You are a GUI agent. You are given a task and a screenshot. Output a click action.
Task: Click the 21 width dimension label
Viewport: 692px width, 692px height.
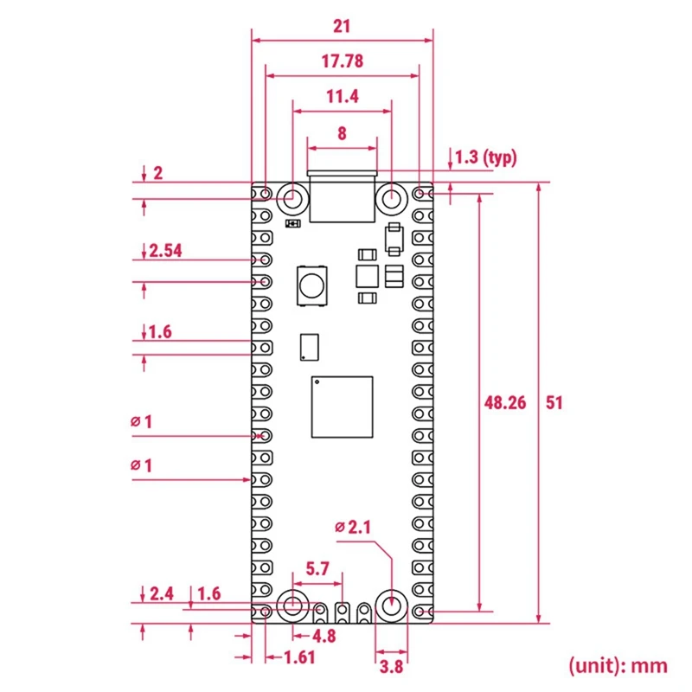point(342,26)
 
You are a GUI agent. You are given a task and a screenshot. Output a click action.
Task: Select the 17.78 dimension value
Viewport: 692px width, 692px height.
point(342,61)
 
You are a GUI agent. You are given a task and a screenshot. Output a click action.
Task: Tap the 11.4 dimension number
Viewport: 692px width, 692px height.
point(342,97)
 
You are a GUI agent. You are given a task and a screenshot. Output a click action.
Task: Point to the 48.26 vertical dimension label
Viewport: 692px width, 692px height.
point(503,403)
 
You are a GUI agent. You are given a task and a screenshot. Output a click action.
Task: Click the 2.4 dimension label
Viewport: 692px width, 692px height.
point(162,593)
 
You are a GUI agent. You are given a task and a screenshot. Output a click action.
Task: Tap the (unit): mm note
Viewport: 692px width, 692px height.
point(618,664)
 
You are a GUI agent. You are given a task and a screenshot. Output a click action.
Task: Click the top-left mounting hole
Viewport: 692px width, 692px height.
point(293,197)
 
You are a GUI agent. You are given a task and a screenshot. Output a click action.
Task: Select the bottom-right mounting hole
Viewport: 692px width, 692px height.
point(392,606)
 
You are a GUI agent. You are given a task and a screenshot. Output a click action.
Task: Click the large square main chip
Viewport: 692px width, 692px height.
point(343,408)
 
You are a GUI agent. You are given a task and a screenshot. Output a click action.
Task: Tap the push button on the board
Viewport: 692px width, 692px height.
point(311,285)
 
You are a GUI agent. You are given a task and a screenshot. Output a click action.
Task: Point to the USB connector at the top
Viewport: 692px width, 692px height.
point(343,196)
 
